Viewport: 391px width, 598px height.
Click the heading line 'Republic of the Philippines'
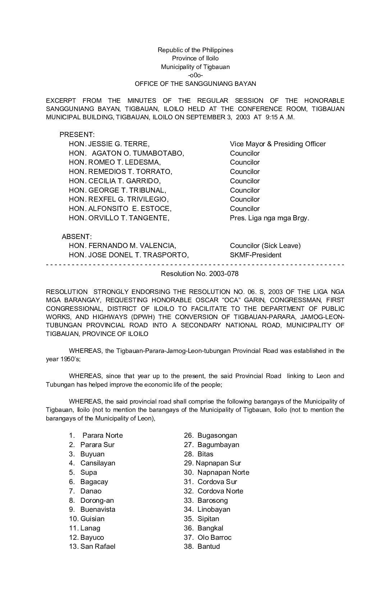coord(195,50)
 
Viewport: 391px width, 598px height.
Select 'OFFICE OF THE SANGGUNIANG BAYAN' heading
coord(195,84)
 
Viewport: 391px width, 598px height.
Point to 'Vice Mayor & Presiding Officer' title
coord(277,144)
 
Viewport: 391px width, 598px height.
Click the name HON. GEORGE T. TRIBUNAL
coord(117,190)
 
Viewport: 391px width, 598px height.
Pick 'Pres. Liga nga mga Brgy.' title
coord(269,218)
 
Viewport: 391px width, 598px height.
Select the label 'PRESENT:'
coord(77,135)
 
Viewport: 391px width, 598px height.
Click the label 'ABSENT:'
coord(77,237)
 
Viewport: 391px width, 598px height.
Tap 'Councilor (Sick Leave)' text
coord(265,246)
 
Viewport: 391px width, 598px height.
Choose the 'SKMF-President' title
coord(256,255)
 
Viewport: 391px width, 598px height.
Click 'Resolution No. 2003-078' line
coord(199,274)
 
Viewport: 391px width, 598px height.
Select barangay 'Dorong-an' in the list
coord(97,501)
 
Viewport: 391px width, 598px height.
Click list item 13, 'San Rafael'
coord(97,547)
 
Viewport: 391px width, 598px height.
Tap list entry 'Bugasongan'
coord(217,436)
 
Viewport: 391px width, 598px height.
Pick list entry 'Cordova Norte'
coord(220,491)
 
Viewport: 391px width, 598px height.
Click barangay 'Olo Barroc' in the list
coord(214,538)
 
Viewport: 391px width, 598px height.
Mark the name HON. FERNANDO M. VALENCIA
coord(122,246)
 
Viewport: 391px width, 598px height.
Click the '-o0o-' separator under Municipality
coord(195,75)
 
